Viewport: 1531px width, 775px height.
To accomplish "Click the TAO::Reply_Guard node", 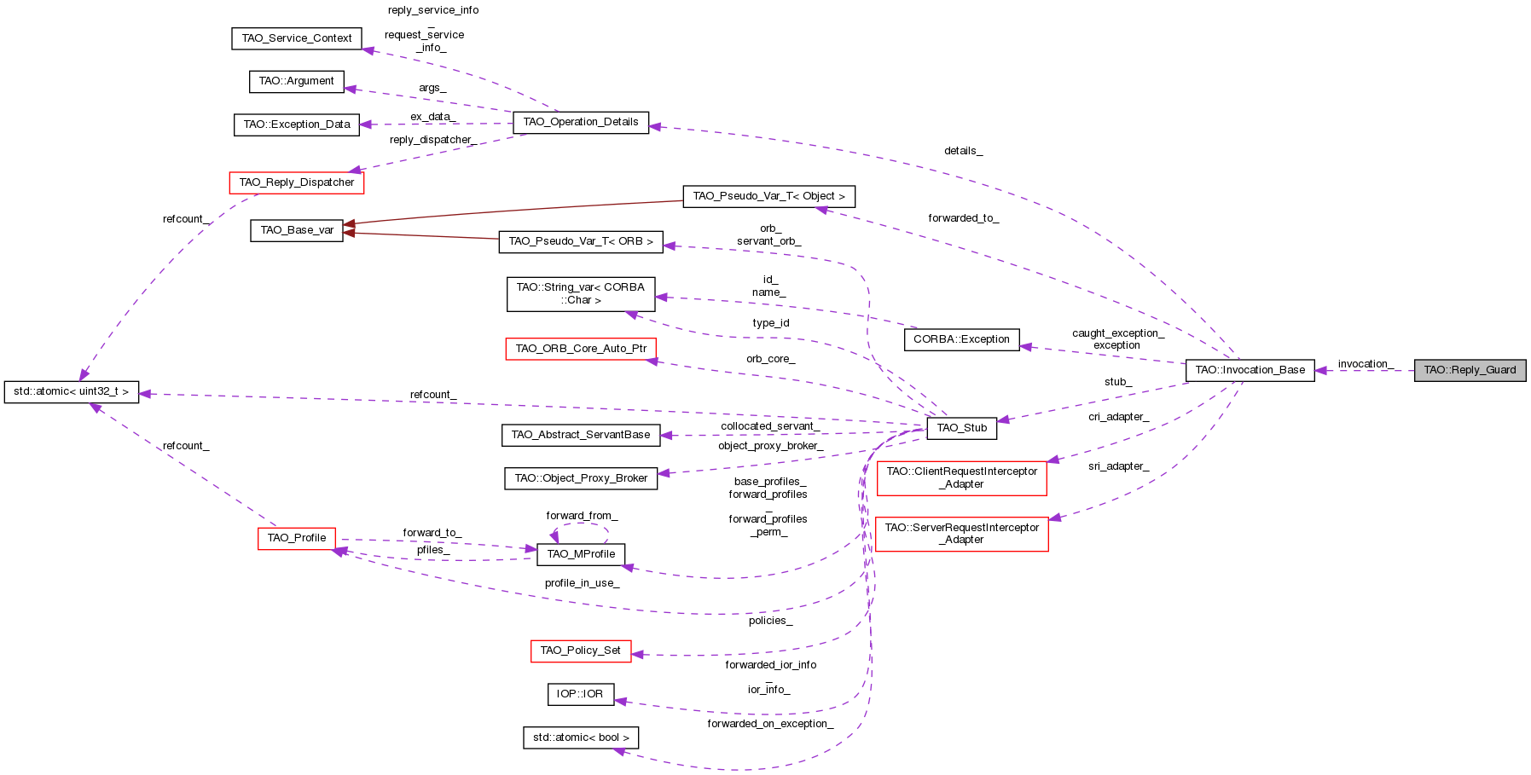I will [x=1470, y=370].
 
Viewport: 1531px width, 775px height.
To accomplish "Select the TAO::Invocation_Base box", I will [x=1250, y=370].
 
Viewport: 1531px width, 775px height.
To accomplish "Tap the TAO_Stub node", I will [x=961, y=428].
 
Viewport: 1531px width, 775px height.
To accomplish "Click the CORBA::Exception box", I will [x=961, y=339].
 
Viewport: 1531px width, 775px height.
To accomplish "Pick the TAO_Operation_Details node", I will [x=580, y=122].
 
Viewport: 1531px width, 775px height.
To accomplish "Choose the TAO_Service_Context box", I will [x=296, y=38].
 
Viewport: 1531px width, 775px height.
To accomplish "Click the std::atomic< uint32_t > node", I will [x=71, y=392].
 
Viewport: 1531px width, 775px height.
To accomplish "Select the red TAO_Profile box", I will [x=296, y=538].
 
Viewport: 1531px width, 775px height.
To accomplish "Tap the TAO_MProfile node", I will [x=580, y=554].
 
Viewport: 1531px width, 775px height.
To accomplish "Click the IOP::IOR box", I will [x=580, y=694].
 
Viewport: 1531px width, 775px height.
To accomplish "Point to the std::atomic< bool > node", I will [x=580, y=737].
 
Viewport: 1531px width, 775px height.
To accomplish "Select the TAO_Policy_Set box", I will [x=580, y=651].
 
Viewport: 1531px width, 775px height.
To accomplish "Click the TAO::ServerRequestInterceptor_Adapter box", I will [x=961, y=534].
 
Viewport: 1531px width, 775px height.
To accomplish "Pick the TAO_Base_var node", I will [x=296, y=230].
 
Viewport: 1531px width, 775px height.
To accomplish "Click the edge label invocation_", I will [x=1365, y=364].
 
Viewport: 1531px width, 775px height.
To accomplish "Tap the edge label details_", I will [x=962, y=151].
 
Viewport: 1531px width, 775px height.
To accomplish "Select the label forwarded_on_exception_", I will [x=769, y=724].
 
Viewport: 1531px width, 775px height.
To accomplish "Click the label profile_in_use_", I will [x=582, y=583].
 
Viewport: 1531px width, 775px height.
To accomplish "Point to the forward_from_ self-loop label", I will [x=582, y=516].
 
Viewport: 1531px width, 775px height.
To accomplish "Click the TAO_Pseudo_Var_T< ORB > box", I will [x=580, y=241].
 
